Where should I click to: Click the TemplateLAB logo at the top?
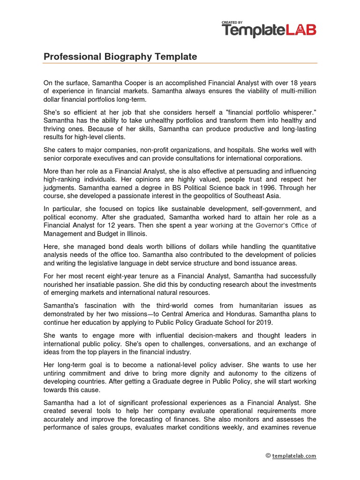click(269, 30)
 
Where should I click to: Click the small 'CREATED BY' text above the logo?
click(232, 22)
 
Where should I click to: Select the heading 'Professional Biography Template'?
click(120, 57)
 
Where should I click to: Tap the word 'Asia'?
click(273, 195)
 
